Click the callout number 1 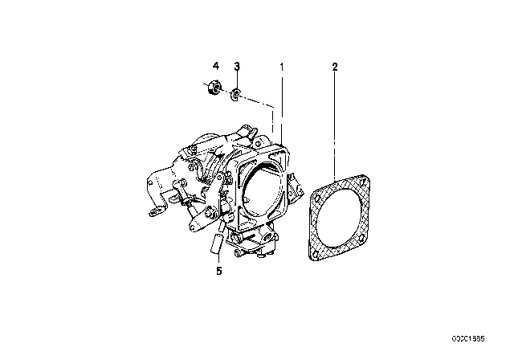click(x=281, y=67)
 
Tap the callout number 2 click(x=334, y=67)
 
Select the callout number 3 click(x=237, y=66)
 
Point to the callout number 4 click(x=216, y=66)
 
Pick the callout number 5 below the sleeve click(x=219, y=271)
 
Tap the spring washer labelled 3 click(x=235, y=95)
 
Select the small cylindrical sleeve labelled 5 click(x=217, y=243)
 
